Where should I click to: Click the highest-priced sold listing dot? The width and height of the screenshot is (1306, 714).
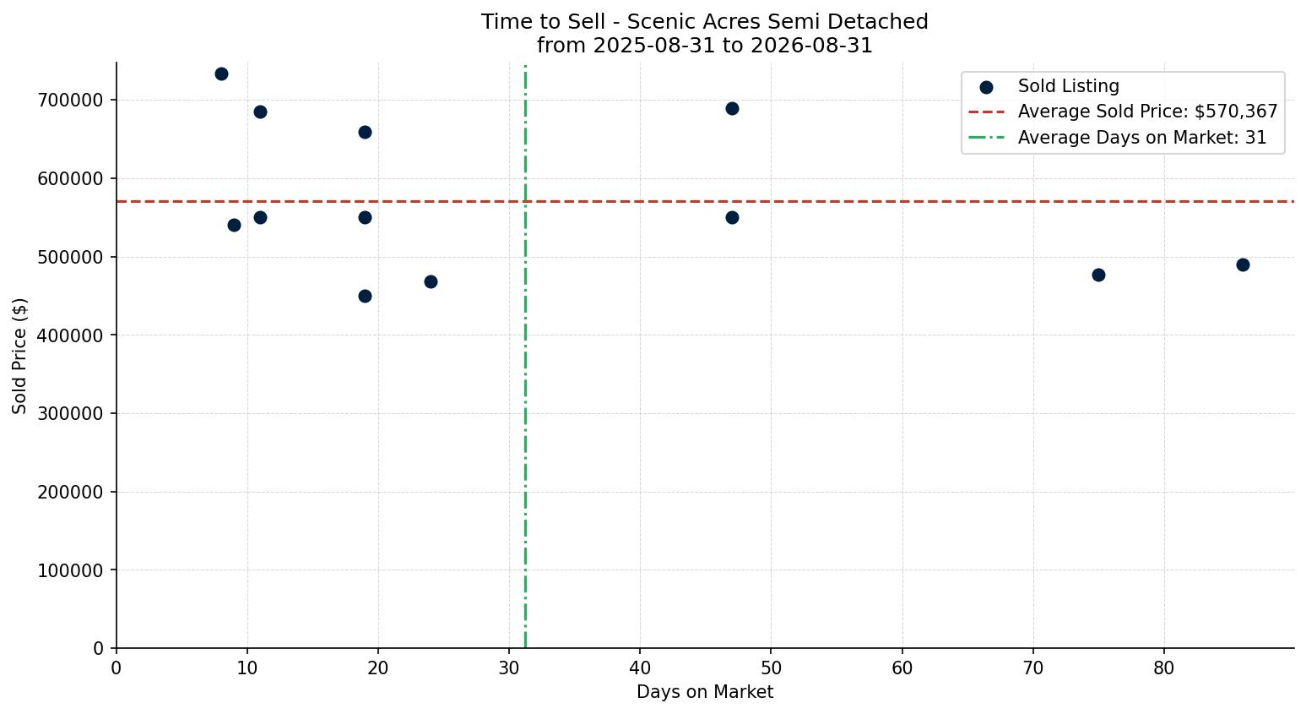tap(221, 74)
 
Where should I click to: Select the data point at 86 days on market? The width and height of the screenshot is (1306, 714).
tap(1243, 264)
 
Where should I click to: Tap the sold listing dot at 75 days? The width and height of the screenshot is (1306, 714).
tap(1098, 275)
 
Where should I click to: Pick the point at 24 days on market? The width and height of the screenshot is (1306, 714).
tap(431, 281)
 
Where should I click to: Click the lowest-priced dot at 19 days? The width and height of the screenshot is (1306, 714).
tap(365, 296)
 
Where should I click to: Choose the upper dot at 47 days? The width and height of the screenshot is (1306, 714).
tap(732, 108)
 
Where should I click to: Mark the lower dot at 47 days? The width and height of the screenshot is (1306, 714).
tap(732, 218)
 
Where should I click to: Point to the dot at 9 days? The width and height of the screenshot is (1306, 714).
tap(234, 225)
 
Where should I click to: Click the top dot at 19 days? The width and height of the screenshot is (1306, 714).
tap(365, 133)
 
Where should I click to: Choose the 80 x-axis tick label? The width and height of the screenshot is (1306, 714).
tap(1163, 668)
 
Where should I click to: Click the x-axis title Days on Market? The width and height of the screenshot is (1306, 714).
tap(705, 692)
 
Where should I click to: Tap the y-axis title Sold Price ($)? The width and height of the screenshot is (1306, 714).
tap(19, 356)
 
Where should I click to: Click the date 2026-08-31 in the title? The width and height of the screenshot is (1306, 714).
tap(811, 46)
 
